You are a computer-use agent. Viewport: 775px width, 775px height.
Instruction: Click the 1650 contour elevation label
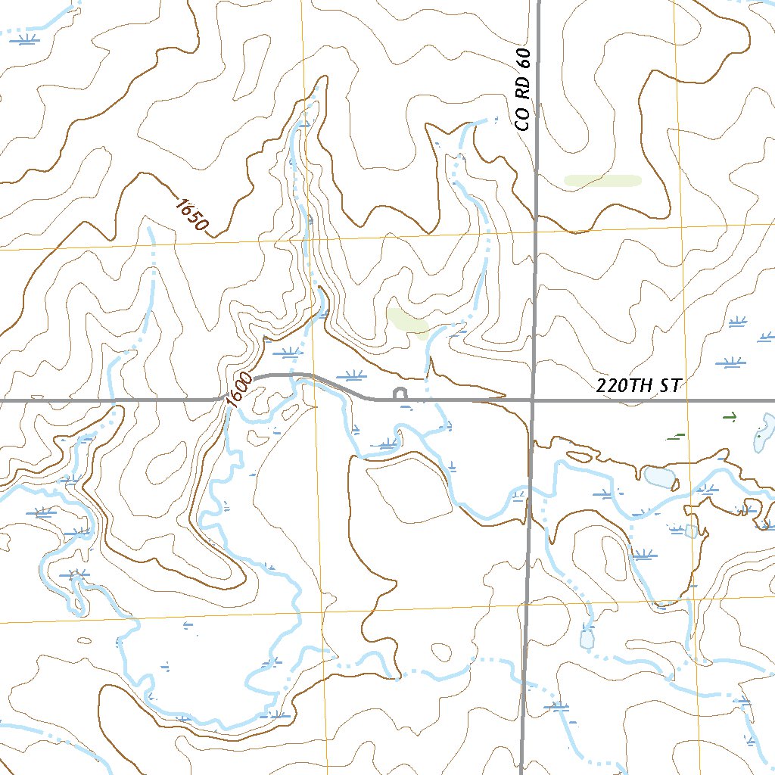pyautogui.click(x=191, y=214)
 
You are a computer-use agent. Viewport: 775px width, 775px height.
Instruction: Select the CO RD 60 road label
pyautogui.click(x=524, y=89)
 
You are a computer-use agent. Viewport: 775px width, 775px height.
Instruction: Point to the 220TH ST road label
pyautogui.click(x=639, y=385)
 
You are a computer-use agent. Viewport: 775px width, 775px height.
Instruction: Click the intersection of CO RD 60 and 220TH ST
pyautogui.click(x=533, y=399)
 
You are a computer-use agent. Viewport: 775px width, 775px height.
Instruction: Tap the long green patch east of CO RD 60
pyautogui.click(x=602, y=180)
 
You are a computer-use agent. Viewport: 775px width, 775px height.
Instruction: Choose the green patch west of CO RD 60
pyautogui.click(x=407, y=322)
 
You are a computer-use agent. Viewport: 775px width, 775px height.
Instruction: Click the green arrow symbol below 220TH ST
pyautogui.click(x=730, y=416)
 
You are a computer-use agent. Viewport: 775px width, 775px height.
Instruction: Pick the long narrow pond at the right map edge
pyautogui.click(x=765, y=434)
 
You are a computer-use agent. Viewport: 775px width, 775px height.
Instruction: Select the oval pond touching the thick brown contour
pyautogui.click(x=658, y=477)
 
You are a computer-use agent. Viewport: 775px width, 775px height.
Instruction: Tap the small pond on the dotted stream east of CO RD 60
pyautogui.click(x=587, y=638)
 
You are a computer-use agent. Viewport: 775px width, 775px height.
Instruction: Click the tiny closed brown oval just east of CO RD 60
pyautogui.click(x=579, y=457)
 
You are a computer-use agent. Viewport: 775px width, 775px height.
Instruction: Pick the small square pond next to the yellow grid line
pyautogui.click(x=690, y=531)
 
